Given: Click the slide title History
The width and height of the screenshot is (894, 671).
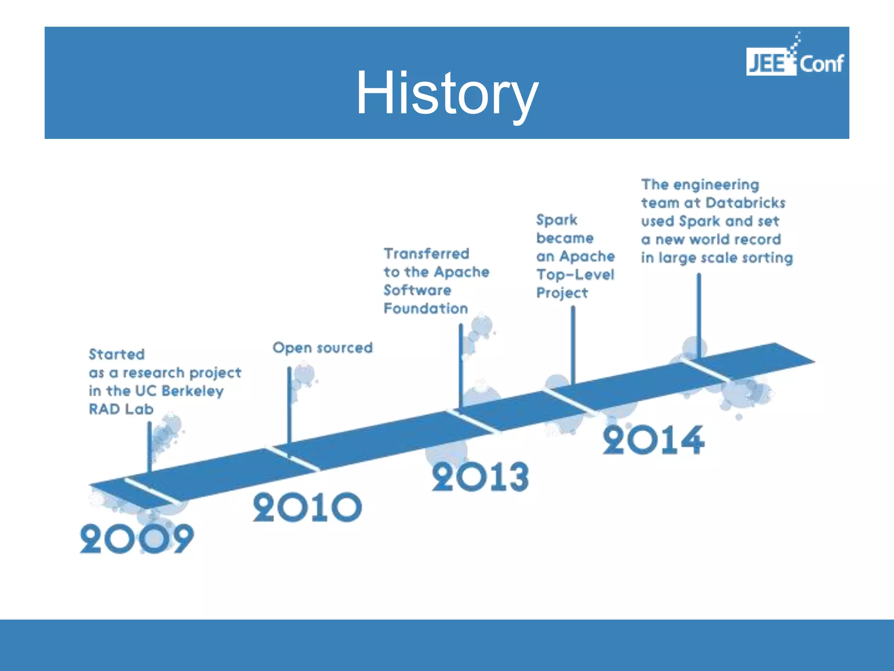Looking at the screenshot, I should pyautogui.click(x=447, y=93).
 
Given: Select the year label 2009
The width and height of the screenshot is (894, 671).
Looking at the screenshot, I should pyautogui.click(x=137, y=539).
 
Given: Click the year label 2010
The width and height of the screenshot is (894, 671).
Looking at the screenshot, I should pyautogui.click(x=307, y=508).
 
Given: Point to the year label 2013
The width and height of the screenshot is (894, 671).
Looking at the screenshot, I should pyautogui.click(x=480, y=477).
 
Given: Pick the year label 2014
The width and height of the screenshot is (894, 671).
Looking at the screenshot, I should pyautogui.click(x=653, y=440).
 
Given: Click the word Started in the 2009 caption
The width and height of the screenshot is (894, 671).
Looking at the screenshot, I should pyautogui.click(x=117, y=354).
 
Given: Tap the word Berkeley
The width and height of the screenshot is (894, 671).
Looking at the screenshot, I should pyautogui.click(x=192, y=391).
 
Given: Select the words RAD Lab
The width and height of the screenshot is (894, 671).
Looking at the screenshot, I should pyautogui.click(x=121, y=409).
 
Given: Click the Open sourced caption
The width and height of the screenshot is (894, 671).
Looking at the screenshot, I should pyautogui.click(x=323, y=348).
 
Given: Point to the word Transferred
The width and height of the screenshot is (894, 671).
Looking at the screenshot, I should pyautogui.click(x=426, y=254).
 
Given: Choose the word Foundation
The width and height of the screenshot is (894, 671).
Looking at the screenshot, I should pyautogui.click(x=426, y=308).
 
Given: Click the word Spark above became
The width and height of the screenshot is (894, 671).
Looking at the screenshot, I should pyautogui.click(x=557, y=220).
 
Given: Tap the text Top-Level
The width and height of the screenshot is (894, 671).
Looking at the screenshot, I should pyautogui.click(x=575, y=275).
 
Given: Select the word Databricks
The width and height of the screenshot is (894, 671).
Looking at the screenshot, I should pyautogui.click(x=745, y=203).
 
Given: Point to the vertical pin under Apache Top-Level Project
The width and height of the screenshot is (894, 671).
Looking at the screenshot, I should pyautogui.click(x=573, y=345).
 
